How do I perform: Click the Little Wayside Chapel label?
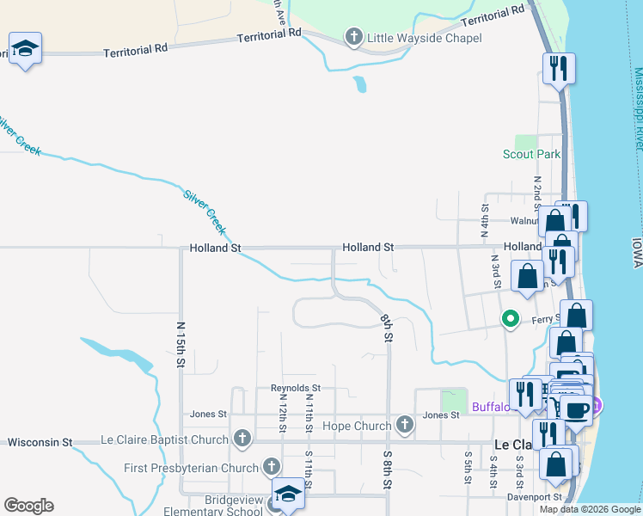click(x=424, y=38)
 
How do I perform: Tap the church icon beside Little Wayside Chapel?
click(x=352, y=37)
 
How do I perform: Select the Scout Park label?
click(x=531, y=155)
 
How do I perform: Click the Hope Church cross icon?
click(x=405, y=425)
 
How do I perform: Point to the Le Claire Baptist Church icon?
click(x=242, y=439)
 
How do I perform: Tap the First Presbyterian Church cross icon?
click(x=271, y=468)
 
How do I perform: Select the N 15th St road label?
click(x=181, y=345)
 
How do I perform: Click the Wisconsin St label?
click(x=40, y=443)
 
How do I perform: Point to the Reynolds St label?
click(x=295, y=389)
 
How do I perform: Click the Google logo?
click(x=28, y=506)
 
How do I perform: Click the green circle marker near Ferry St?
click(x=511, y=319)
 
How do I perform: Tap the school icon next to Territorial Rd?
click(x=25, y=50)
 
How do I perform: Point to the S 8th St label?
click(x=388, y=470)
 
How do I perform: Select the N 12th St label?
click(x=281, y=415)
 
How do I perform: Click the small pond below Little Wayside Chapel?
click(x=360, y=84)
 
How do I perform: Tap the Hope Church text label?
click(x=356, y=426)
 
